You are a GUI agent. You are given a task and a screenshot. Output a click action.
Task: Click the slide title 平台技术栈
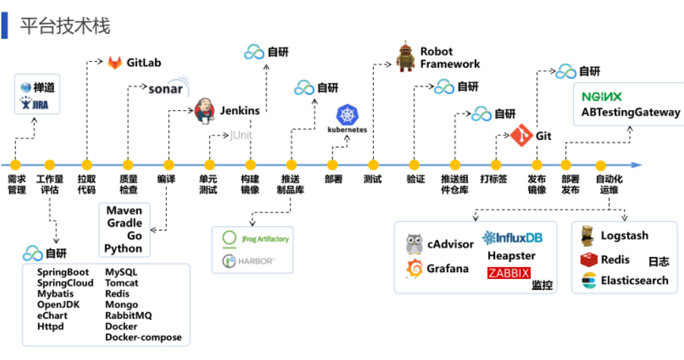coord(65,26)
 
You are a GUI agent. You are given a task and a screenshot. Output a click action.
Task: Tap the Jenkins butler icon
coord(204,110)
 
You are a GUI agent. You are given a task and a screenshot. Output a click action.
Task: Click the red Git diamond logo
coord(522,136)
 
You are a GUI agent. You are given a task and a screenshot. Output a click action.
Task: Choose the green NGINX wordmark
coord(602,96)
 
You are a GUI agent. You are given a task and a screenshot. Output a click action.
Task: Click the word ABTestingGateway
coord(631,112)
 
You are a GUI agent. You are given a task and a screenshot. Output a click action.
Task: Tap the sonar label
coord(166,89)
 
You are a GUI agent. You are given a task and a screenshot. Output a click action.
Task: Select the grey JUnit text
coord(242,136)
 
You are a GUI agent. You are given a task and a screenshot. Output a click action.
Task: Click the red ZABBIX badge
coord(509,273)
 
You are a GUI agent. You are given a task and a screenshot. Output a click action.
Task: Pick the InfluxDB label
coord(513,238)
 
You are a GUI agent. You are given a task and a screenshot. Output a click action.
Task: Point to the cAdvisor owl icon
coord(414,244)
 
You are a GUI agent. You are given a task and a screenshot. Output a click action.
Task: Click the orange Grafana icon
coord(414,269)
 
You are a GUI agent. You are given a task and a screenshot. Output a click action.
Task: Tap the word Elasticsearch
coord(634,280)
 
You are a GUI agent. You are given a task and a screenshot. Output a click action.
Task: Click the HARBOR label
coord(257,261)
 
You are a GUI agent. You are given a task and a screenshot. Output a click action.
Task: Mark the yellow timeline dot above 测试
coord(372,165)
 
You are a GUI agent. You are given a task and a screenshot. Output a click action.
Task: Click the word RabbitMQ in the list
coord(128,316)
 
